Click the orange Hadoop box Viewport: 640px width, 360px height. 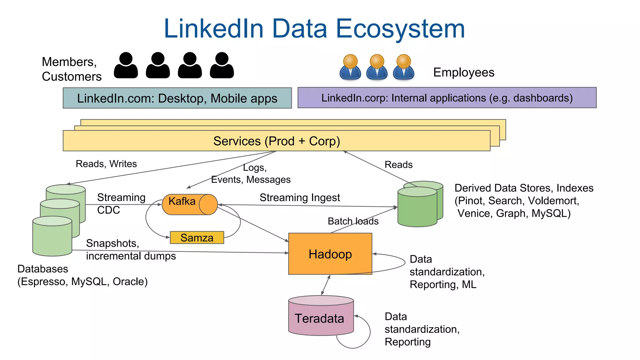click(x=330, y=254)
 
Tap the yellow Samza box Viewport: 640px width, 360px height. click(x=197, y=237)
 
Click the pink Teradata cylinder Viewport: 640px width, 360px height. click(x=321, y=317)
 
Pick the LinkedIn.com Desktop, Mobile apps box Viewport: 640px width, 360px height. click(x=177, y=98)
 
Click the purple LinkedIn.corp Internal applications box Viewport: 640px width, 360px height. click(x=447, y=98)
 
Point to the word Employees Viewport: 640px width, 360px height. click(x=463, y=72)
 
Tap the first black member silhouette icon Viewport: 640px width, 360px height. click(x=126, y=66)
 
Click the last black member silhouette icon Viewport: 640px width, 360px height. click(x=222, y=66)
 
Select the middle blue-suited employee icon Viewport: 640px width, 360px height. click(x=377, y=67)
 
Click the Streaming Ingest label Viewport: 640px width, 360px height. click(x=299, y=197)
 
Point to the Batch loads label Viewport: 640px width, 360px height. click(x=353, y=221)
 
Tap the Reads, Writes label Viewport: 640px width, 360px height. click(x=106, y=164)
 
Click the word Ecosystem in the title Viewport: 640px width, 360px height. click(x=400, y=29)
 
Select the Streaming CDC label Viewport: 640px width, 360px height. click(x=121, y=203)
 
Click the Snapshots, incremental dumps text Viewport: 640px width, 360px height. click(x=130, y=250)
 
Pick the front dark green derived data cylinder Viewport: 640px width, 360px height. click(x=417, y=208)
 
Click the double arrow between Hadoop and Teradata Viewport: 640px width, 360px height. click(x=326, y=285)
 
